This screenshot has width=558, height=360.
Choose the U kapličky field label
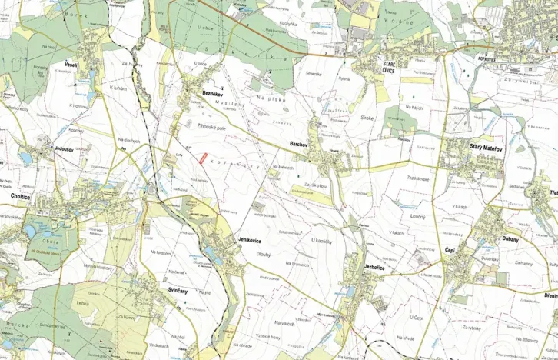coord(321,241)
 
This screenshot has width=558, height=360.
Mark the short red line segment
coord(203,158)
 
